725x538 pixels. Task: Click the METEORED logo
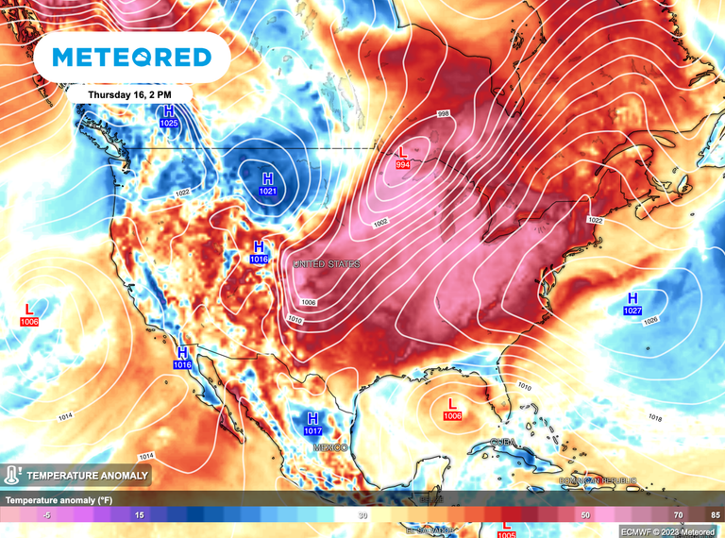click(131, 58)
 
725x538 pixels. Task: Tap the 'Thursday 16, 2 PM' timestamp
click(130, 94)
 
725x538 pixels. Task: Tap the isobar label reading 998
click(443, 114)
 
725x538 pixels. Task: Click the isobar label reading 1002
click(380, 223)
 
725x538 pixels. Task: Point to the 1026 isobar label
click(649, 321)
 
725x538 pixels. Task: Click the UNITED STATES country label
click(327, 264)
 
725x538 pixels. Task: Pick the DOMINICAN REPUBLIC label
click(593, 480)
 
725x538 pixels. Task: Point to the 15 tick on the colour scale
click(139, 514)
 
